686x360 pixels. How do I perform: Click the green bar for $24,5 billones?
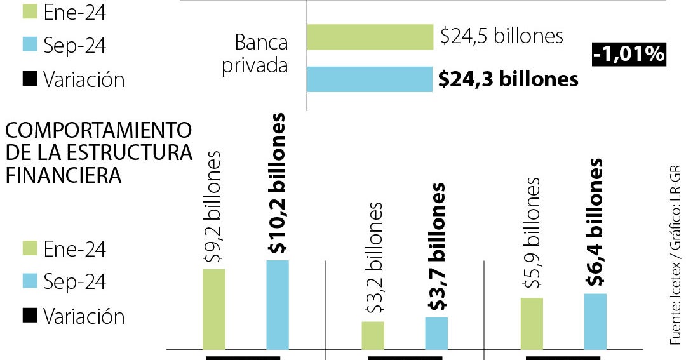tap(370, 37)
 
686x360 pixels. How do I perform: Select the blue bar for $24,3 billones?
tap(370, 79)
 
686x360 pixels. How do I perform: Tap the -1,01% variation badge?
tap(628, 55)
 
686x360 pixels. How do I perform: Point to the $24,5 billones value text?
tap(502, 36)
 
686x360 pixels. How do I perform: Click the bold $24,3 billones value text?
tap(509, 79)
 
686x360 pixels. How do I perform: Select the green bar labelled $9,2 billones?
tap(214, 309)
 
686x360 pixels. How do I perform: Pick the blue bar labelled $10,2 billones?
tap(278, 305)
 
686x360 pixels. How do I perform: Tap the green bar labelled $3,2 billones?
tap(373, 335)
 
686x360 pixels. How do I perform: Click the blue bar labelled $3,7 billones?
tap(436, 333)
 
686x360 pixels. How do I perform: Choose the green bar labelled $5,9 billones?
tap(532, 323)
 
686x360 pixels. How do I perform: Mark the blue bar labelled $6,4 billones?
tap(595, 321)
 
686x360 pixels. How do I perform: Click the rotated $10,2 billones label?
tap(278, 184)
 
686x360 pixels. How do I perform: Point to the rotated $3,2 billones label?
tap(373, 257)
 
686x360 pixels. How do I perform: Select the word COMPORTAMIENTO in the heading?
tap(98, 130)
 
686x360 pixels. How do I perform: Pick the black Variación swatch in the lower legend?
tap(30, 316)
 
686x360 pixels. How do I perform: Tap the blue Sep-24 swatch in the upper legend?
tap(30, 44)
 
